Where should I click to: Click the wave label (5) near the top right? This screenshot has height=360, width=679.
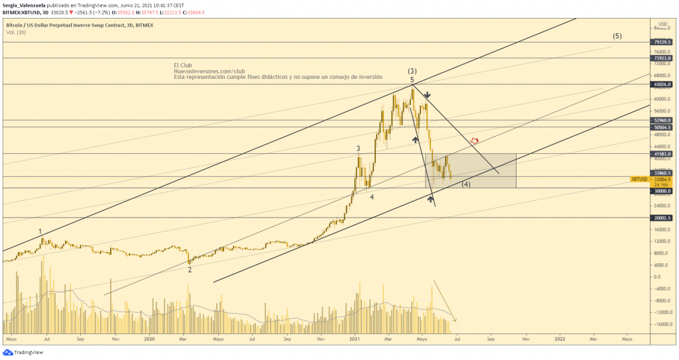[x=617, y=36]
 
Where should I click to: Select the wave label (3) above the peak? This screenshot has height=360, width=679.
[x=412, y=71]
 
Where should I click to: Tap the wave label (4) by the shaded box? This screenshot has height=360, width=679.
[x=466, y=184]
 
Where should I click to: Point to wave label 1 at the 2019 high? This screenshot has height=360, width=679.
[x=40, y=231]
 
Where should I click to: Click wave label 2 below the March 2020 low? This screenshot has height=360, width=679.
[x=190, y=269]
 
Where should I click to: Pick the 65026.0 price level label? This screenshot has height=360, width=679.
[x=664, y=85]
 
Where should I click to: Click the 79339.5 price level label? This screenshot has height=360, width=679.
[x=664, y=42]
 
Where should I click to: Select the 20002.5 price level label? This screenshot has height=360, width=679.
[x=664, y=217]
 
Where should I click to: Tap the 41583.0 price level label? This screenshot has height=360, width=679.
[x=664, y=154]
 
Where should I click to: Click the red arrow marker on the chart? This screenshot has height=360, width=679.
[x=474, y=141]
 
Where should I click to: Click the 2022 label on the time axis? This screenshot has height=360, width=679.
[x=559, y=338]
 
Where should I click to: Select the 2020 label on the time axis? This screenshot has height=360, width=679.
[x=149, y=338]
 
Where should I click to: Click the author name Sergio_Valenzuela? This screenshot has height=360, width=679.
[x=25, y=5]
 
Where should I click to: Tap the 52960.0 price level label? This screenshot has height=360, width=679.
[x=664, y=121]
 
